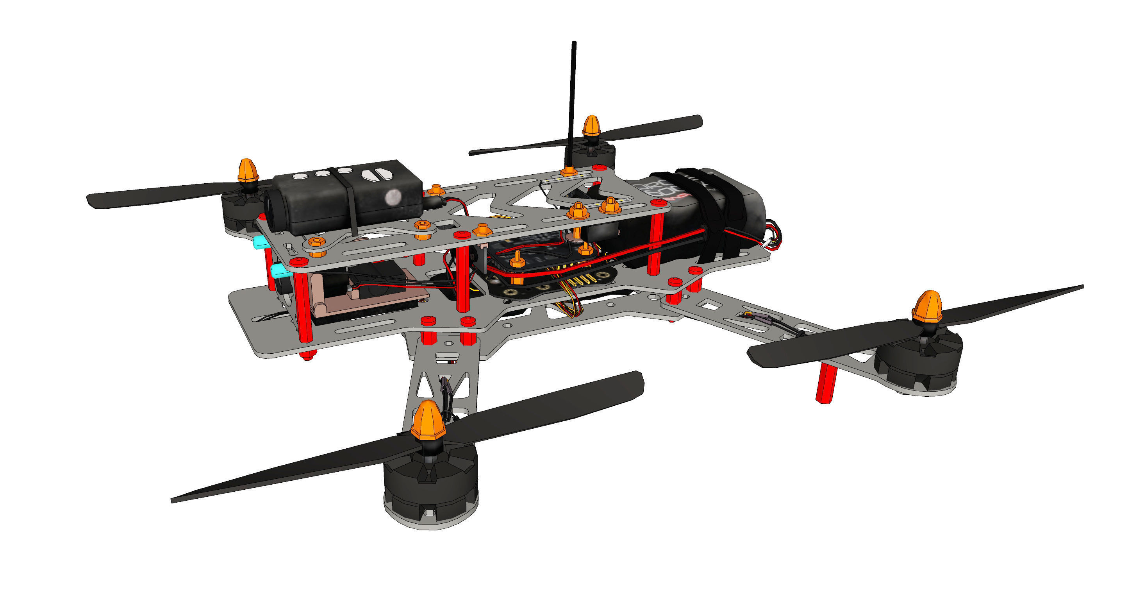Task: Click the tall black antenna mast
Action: click(x=572, y=101)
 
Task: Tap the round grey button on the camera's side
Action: click(x=393, y=198)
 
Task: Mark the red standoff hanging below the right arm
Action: click(x=826, y=383)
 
